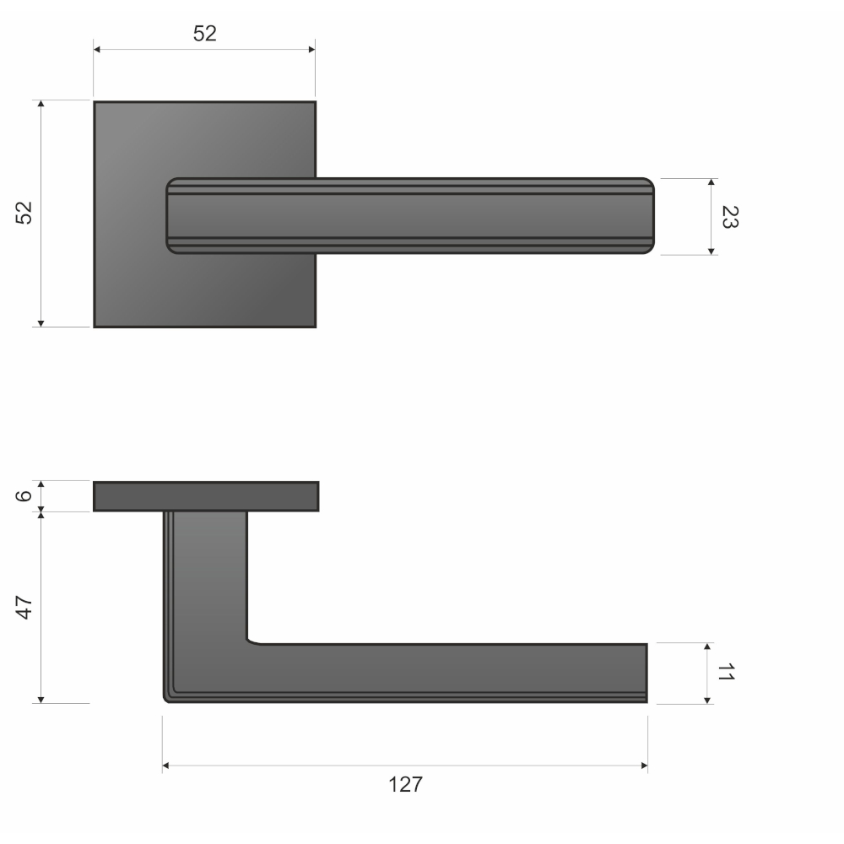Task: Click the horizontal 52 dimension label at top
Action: coord(204,34)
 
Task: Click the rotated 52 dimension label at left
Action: coord(24,213)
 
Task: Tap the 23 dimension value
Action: coord(730,217)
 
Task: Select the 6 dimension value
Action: coord(24,495)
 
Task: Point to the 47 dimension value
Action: coord(24,607)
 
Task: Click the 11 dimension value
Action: coord(726,672)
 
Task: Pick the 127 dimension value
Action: coord(405,784)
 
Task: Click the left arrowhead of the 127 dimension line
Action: coord(165,766)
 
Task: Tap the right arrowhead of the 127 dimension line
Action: coord(644,766)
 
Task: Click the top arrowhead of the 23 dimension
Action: coord(711,182)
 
